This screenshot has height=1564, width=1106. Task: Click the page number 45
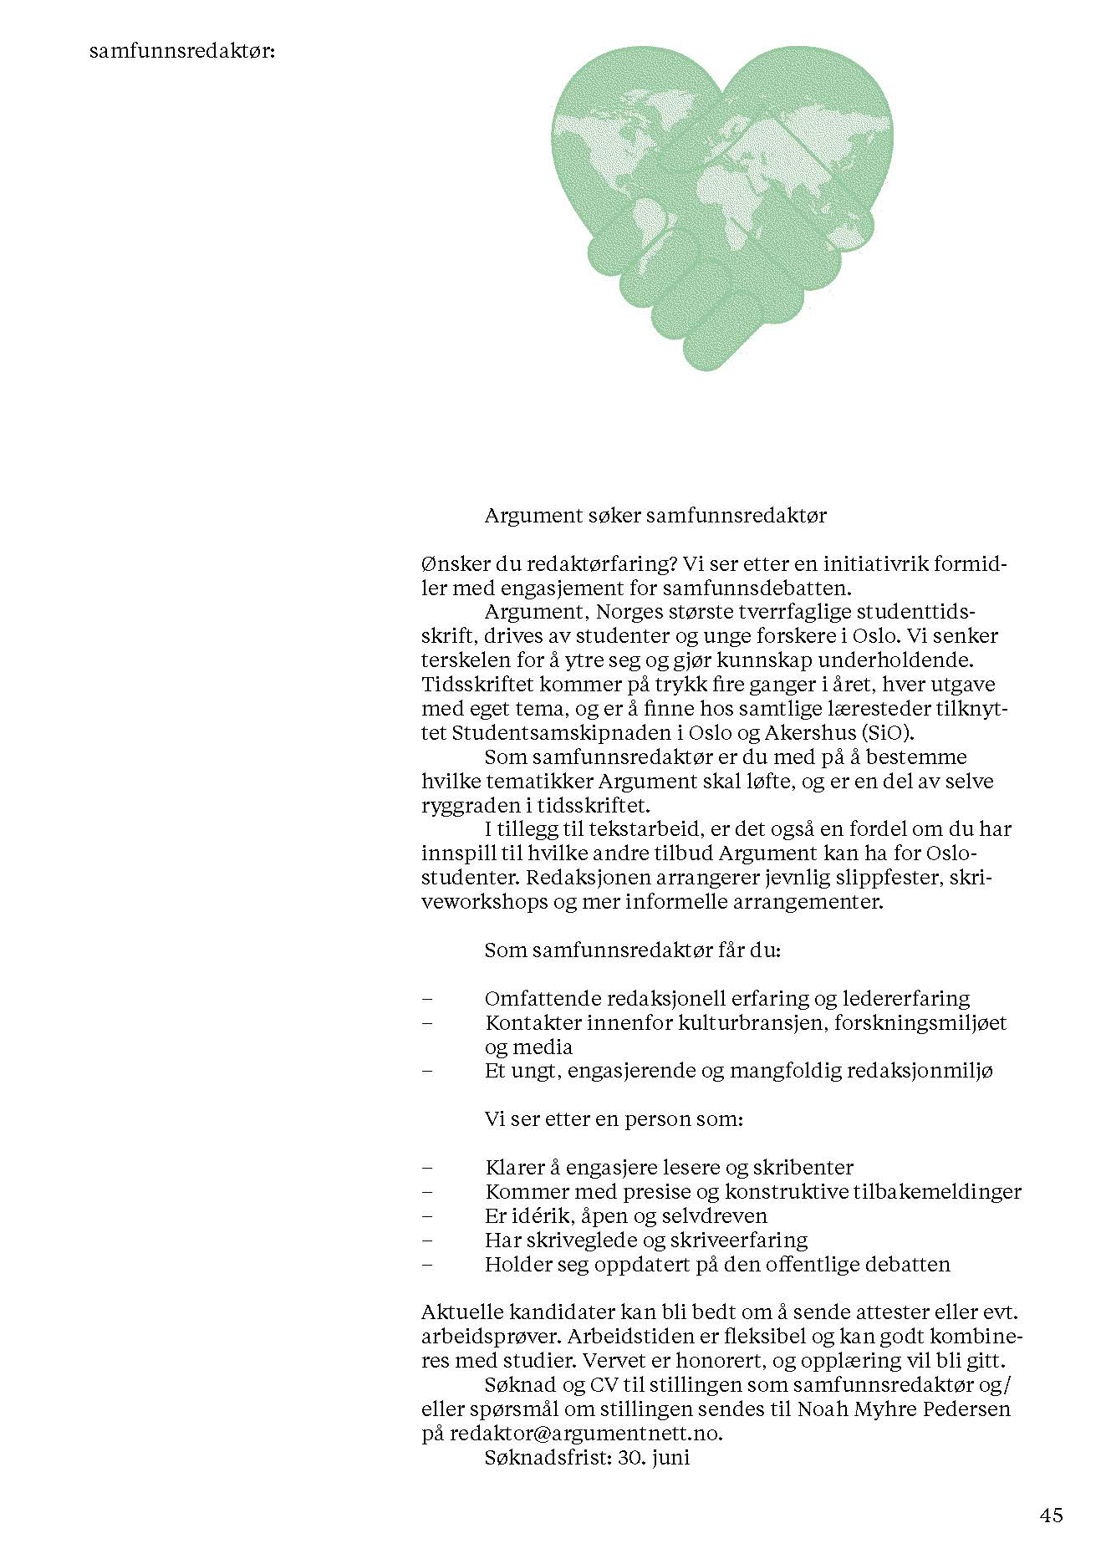click(x=1052, y=1515)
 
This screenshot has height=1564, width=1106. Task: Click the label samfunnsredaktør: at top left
click(x=182, y=52)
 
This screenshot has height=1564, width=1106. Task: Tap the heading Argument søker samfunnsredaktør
click(x=655, y=515)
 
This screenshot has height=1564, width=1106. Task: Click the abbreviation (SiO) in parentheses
click(x=891, y=733)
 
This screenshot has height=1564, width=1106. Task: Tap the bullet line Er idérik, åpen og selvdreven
click(x=625, y=1215)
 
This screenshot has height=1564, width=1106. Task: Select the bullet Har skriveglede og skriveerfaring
click(x=645, y=1240)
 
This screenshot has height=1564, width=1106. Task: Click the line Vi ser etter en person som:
click(x=614, y=1118)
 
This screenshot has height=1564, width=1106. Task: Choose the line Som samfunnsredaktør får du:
click(x=633, y=950)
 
